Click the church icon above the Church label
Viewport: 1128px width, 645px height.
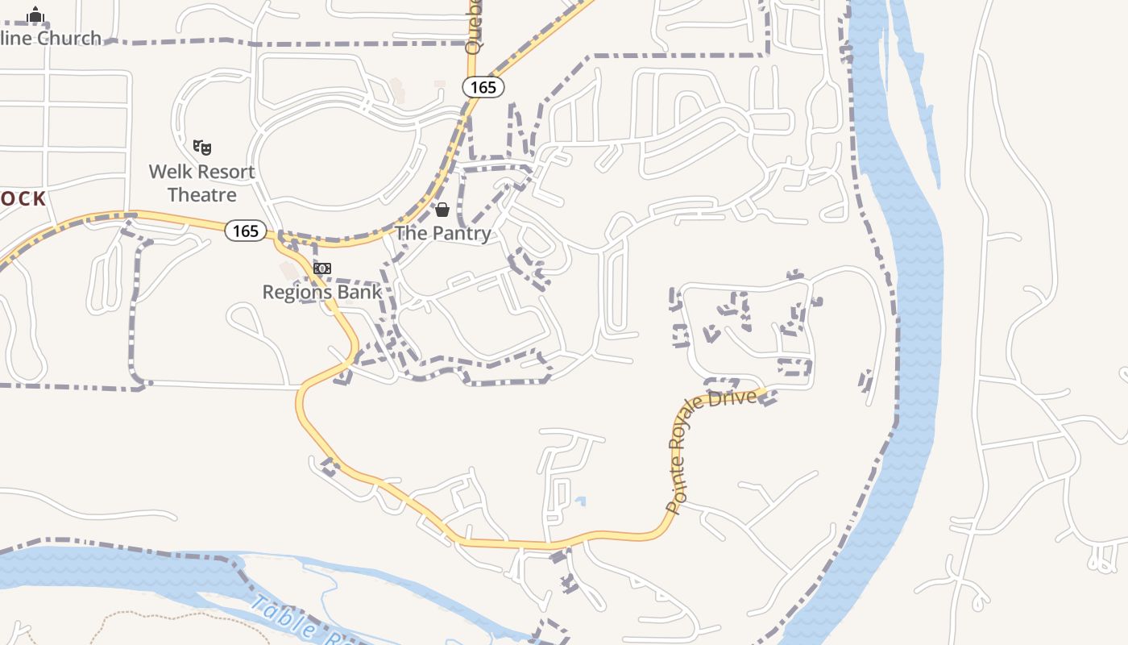(35, 15)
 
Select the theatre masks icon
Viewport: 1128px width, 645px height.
(202, 147)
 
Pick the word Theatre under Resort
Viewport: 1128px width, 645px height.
(202, 195)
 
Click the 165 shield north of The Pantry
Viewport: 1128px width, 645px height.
(483, 87)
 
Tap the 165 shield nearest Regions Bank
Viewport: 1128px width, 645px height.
(245, 231)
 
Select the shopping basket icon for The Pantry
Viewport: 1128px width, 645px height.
(442, 210)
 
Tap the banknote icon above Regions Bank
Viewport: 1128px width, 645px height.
(322, 268)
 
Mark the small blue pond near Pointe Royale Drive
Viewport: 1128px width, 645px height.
(580, 501)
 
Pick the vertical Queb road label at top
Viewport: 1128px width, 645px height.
(474, 28)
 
